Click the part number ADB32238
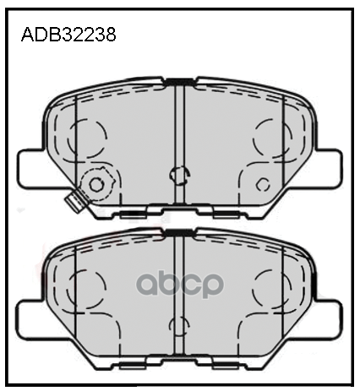[x=67, y=35]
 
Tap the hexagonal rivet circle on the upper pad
[x=95, y=184]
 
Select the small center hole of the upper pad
[x=178, y=175]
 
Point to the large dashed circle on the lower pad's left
[x=88, y=283]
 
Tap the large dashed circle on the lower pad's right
[x=272, y=283]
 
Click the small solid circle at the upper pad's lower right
[x=262, y=184]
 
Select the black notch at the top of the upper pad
[x=178, y=82]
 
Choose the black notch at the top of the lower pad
[x=178, y=232]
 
